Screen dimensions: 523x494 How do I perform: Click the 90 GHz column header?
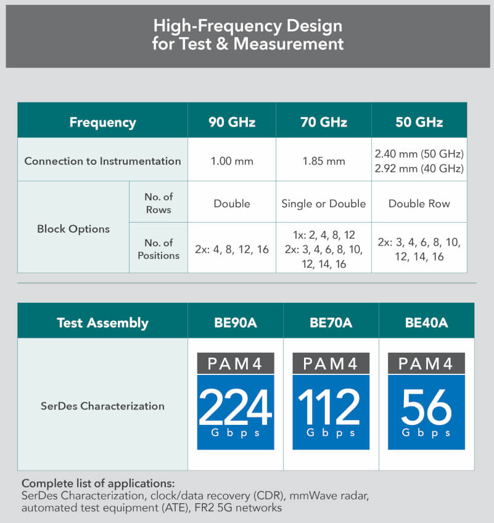(231, 121)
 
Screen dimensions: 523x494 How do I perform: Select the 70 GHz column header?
(323, 121)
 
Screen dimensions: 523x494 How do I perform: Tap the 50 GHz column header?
(419, 121)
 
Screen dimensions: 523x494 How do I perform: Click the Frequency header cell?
(102, 121)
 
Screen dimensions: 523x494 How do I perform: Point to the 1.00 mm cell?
(231, 161)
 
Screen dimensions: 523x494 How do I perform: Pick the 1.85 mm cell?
(323, 161)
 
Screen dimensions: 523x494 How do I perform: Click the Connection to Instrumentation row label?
(102, 161)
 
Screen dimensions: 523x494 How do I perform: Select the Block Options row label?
(73, 229)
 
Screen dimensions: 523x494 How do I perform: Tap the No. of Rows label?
(158, 202)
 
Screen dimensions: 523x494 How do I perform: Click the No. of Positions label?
(158, 249)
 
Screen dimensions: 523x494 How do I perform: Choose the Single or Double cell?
(323, 204)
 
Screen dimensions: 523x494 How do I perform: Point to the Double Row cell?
(419, 204)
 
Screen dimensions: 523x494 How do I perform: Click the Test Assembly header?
(102, 323)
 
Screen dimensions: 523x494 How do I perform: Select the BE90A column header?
(235, 323)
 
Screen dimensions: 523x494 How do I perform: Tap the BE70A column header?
(331, 323)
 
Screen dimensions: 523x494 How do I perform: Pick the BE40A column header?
(426, 323)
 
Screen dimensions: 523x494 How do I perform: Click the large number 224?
(235, 408)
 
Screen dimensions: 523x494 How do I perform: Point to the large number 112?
(330, 408)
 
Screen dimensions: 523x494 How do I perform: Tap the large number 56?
(426, 408)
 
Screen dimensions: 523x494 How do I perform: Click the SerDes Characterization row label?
(102, 406)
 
